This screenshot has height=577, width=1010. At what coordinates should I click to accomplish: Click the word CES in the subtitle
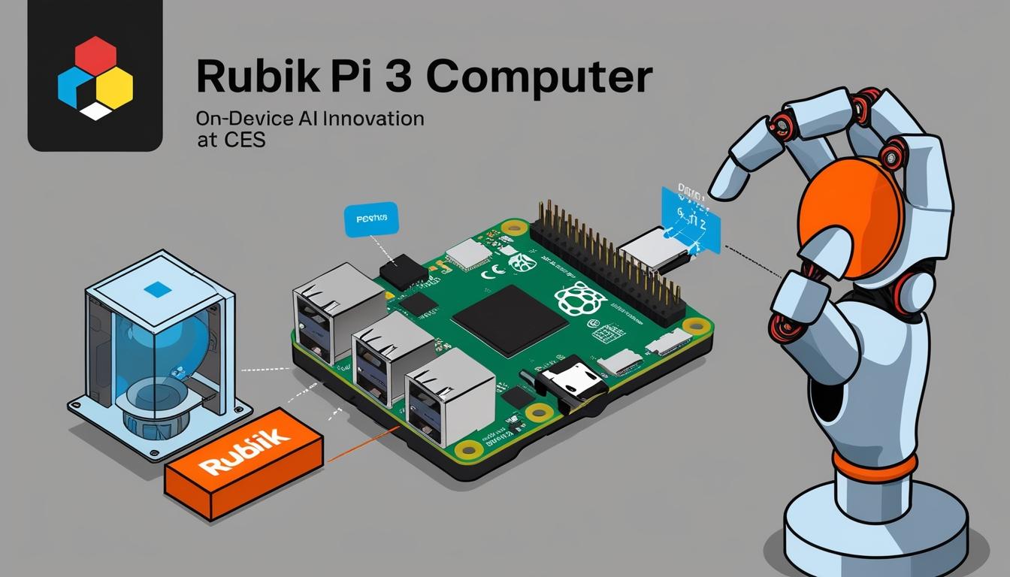[x=244, y=140]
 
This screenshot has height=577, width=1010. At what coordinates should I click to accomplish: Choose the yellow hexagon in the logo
[x=115, y=86]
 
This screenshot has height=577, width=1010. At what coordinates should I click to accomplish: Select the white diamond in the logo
[x=95, y=112]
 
